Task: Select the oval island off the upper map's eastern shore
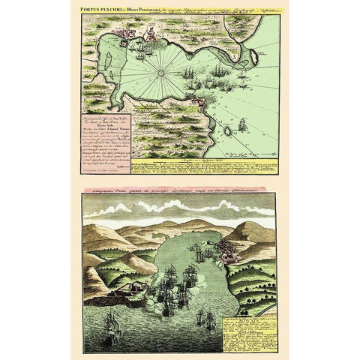(x=253, y=55)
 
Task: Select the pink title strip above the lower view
(x=180, y=193)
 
